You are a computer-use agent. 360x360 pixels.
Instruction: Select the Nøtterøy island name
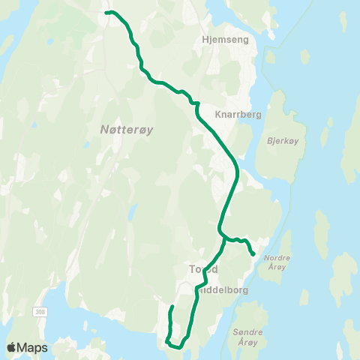point(127,130)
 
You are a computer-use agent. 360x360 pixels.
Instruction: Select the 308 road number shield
point(38,310)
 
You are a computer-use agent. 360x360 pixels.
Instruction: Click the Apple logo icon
point(12,347)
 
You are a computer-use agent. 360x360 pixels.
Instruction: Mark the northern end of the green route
point(106,13)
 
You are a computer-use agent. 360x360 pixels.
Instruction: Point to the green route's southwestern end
point(172,307)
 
